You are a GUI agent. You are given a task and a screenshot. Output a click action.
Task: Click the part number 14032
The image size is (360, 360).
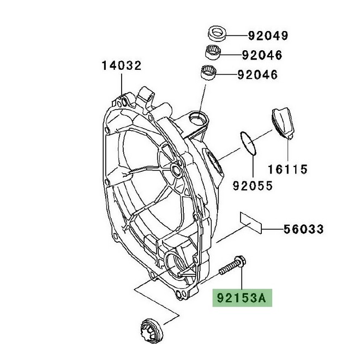tap(121, 66)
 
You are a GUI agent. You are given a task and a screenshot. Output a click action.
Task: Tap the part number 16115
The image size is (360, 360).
tap(287, 168)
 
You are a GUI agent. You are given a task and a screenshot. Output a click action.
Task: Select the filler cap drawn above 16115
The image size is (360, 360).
tap(284, 124)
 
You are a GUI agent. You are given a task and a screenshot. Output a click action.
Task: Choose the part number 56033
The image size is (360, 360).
tap(303, 229)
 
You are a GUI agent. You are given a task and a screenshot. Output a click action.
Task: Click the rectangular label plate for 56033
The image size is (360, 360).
tap(250, 223)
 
